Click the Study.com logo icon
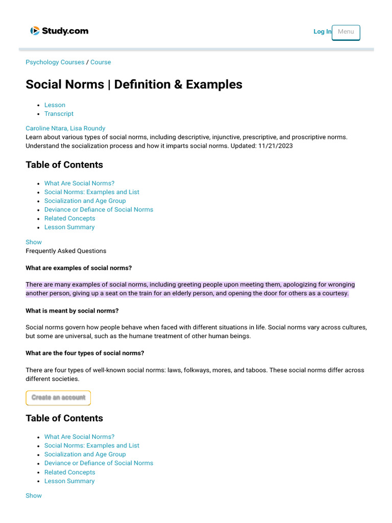tap(35, 31)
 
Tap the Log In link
tap(322, 32)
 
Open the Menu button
tap(346, 32)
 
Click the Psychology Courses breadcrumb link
tap(55, 62)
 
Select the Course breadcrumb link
tap(101, 62)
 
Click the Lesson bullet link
tap(55, 105)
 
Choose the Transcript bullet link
tap(59, 114)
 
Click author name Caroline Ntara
tap(49, 128)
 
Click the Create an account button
tap(58, 397)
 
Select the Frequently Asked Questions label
tap(66, 251)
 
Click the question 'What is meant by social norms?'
tap(72, 311)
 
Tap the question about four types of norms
tap(85, 353)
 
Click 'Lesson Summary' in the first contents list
tap(69, 227)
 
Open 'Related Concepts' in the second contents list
tap(69, 472)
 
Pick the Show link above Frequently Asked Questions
tap(34, 242)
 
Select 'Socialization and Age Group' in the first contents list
tap(85, 201)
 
